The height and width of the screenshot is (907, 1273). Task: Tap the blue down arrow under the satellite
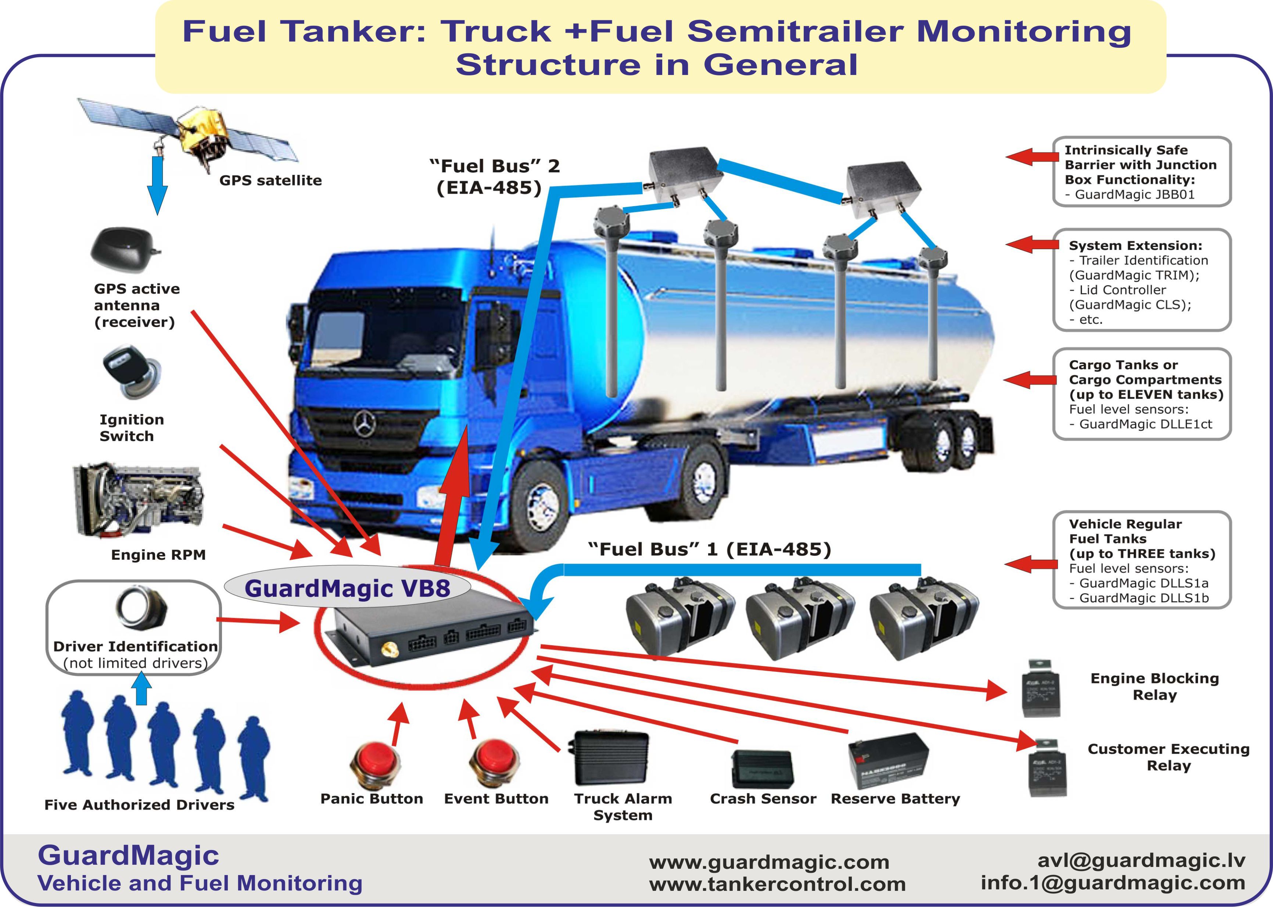point(157,185)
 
